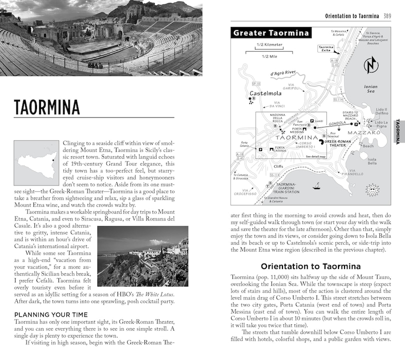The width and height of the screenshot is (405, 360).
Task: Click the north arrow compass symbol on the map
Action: pos(370,65)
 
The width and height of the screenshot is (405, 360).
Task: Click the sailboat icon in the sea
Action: pos(316,186)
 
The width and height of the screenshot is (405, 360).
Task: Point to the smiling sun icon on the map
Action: pos(372,189)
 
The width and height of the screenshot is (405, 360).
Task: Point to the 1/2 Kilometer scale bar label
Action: pos(269,45)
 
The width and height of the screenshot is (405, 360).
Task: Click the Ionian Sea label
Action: pos(371,89)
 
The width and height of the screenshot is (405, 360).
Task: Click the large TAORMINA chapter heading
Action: pos(46,107)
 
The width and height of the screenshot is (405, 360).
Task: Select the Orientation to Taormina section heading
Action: pos(310,265)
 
